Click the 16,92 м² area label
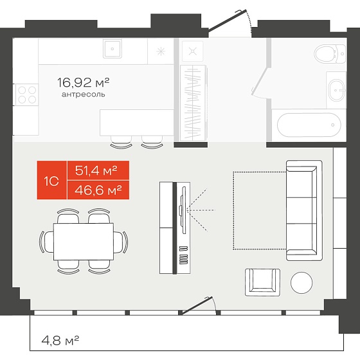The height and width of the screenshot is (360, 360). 83,83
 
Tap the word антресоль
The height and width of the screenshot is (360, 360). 84,94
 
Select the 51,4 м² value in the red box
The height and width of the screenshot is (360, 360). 96,170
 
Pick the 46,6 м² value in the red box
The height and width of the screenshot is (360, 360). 98,190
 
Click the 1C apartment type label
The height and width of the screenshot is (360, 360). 51,181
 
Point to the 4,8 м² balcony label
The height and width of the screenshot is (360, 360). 60,341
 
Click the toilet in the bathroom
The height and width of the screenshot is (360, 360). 330,54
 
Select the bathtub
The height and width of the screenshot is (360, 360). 309,125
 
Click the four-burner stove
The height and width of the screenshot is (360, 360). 27,95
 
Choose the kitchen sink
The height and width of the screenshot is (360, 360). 113,49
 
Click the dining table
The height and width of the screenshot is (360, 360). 84,242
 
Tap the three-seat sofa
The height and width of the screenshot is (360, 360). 304,210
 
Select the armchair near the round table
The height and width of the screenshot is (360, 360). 262,282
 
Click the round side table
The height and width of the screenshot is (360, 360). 301,283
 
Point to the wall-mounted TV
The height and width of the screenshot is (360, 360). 183,210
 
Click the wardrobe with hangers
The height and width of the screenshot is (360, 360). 193,103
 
